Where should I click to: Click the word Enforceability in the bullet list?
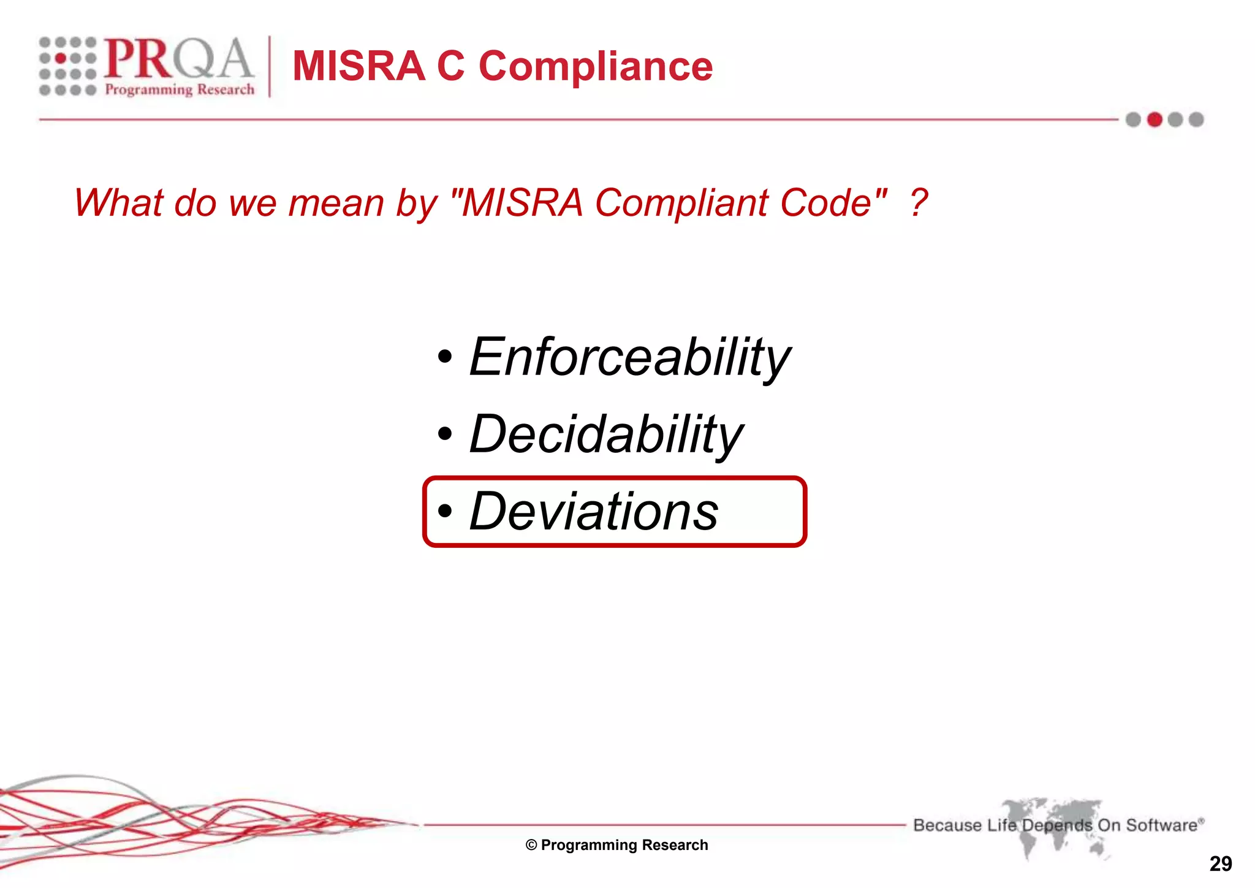(x=629, y=357)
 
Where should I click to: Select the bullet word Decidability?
(x=605, y=435)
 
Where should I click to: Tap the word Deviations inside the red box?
(x=593, y=512)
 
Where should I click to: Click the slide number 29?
(x=1221, y=864)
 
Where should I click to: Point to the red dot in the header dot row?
(x=1155, y=120)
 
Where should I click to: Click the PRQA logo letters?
(x=178, y=59)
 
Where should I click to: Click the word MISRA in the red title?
(x=358, y=66)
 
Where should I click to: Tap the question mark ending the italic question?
(x=918, y=203)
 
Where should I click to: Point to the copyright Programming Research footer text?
(x=617, y=845)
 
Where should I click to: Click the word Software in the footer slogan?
(x=1161, y=825)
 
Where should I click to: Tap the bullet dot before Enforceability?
(x=446, y=357)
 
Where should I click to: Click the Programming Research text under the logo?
(x=180, y=89)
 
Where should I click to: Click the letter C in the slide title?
(x=450, y=66)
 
